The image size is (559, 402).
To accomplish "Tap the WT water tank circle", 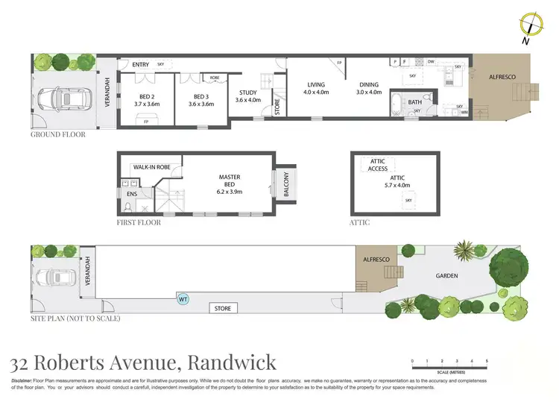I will [183, 299].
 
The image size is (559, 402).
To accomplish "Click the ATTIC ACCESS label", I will [378, 165].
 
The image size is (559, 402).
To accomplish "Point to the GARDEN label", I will [446, 276].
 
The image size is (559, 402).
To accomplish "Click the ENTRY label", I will [141, 65].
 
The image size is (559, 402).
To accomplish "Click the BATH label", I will [414, 102].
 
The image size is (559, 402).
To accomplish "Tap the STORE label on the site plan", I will [222, 308].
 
